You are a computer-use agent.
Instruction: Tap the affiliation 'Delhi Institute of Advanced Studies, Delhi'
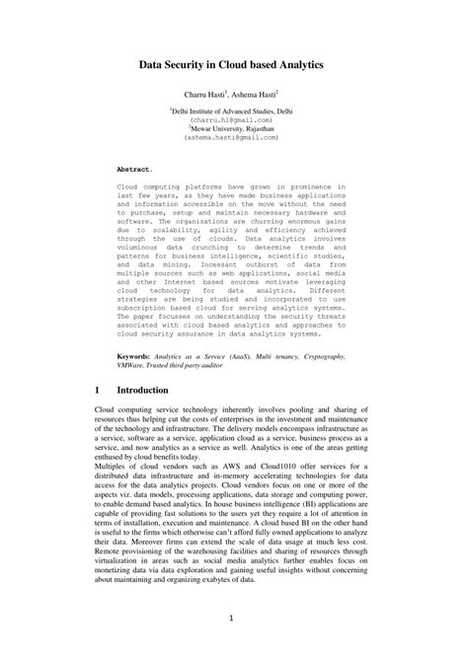coord(233,113)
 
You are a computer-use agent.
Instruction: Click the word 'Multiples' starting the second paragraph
coord(114,469)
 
